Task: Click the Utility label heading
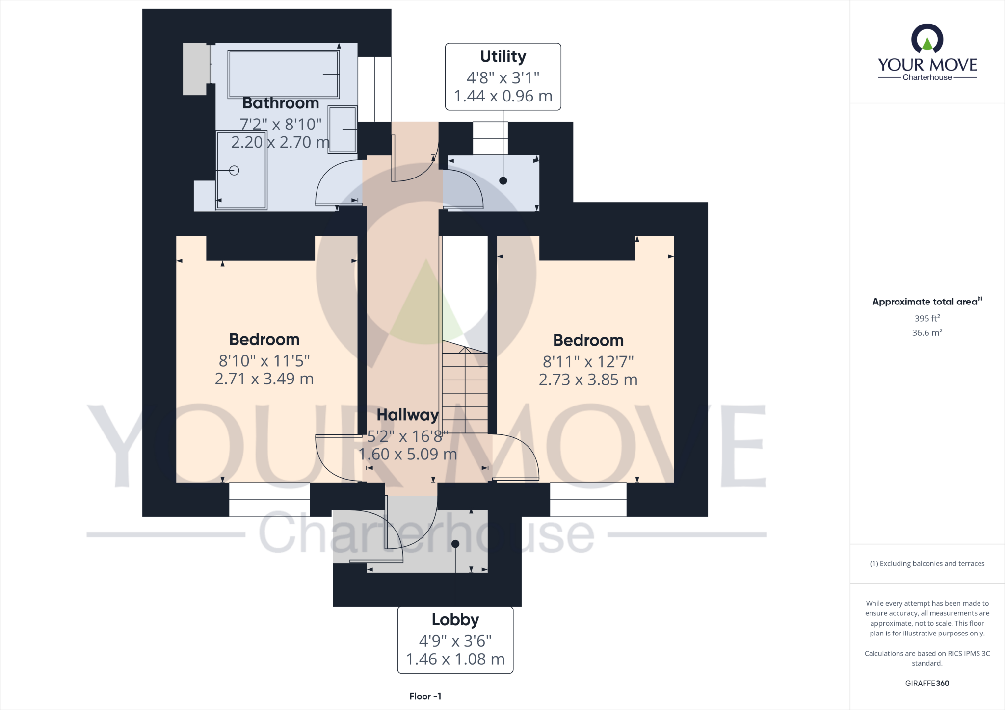[x=503, y=57]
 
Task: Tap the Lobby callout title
[x=455, y=620]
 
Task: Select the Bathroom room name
[x=281, y=103]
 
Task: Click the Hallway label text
[x=407, y=415]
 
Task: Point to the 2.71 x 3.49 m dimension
[x=264, y=379]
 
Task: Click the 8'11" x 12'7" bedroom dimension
[x=588, y=362]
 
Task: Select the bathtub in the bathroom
[x=284, y=74]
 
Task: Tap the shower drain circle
[x=235, y=171]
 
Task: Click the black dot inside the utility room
[x=503, y=180]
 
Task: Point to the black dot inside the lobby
[x=455, y=544]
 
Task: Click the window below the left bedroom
[x=269, y=500]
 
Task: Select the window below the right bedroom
[x=588, y=500]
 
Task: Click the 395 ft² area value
[x=926, y=318]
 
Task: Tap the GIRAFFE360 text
[x=927, y=683]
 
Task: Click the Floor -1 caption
[x=425, y=696]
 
